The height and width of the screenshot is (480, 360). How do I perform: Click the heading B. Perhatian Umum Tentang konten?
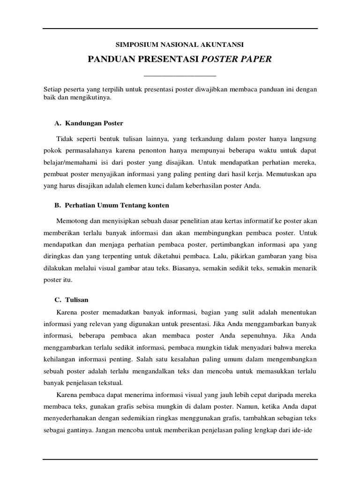pyautogui.click(x=112, y=205)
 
